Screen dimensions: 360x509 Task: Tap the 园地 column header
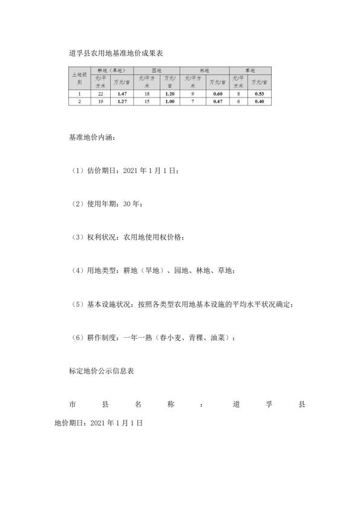point(156,71)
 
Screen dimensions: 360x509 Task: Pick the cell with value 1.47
point(122,94)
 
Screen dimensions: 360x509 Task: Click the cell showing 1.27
point(122,101)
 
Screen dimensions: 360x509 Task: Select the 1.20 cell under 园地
point(169,94)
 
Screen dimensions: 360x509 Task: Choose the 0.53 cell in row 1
point(260,94)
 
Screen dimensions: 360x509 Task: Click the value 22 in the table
point(100,94)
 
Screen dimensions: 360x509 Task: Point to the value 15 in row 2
point(146,101)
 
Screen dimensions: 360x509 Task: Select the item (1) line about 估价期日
point(125,171)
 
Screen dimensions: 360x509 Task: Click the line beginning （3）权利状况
point(128,237)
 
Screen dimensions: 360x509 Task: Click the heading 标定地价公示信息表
point(102,370)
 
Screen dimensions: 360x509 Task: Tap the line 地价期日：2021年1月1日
point(98,424)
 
